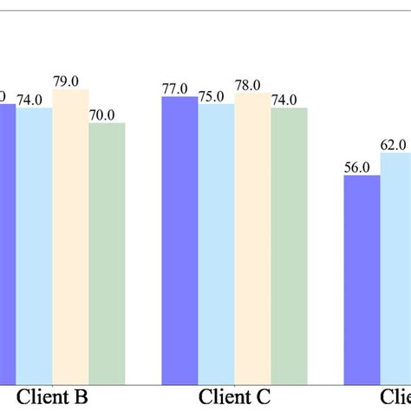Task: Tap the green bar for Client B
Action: point(107,252)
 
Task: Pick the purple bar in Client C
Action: point(179,239)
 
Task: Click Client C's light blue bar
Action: point(216,243)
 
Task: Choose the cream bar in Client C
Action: point(252,238)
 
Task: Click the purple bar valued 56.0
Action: point(362,278)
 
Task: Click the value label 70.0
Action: point(107,114)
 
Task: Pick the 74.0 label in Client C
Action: point(289,100)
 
